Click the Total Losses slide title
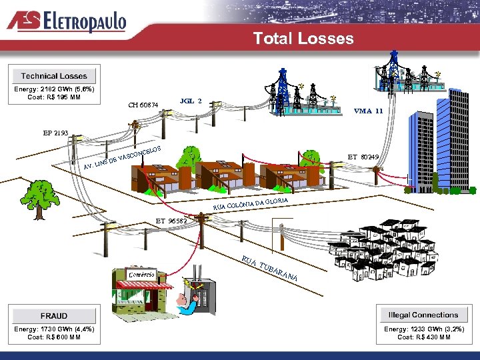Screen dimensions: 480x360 click(303, 39)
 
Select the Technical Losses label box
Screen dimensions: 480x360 click(54, 76)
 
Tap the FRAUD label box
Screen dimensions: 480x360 click(54, 315)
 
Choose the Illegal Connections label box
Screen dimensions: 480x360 click(424, 315)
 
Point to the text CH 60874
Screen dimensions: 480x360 click(143, 105)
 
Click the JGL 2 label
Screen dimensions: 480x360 click(191, 101)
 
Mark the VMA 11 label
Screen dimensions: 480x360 click(368, 111)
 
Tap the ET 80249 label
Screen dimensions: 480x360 click(363, 157)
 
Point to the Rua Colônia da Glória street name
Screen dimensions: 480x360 click(251, 203)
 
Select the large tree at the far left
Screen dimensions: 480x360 click(39, 198)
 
